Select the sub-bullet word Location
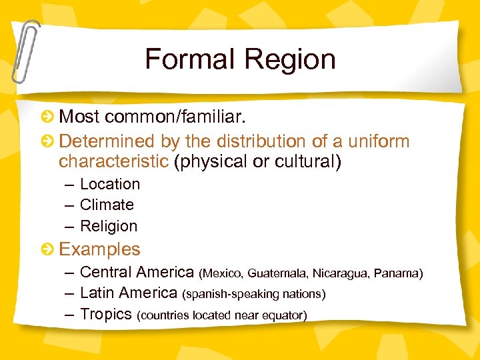(x=110, y=184)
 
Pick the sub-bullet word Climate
(x=107, y=205)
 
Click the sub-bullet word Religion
(x=109, y=226)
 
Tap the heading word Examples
(x=100, y=249)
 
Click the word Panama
(x=397, y=273)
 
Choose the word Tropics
(x=106, y=314)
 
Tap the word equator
(x=286, y=315)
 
